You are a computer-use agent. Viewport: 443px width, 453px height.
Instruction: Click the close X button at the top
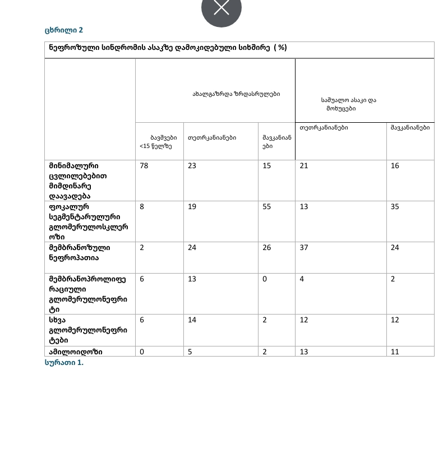pyautogui.click(x=221, y=8)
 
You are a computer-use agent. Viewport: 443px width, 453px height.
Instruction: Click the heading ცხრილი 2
pyautogui.click(x=63, y=30)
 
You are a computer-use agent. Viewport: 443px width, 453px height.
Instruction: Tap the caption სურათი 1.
pyautogui.click(x=64, y=363)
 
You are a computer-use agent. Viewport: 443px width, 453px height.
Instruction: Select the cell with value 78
pyautogui.click(x=144, y=166)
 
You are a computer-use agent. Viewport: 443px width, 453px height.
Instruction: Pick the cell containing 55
pyautogui.click(x=266, y=207)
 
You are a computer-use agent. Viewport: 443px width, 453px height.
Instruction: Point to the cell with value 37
pyautogui.click(x=304, y=248)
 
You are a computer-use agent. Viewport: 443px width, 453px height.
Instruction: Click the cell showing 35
pyautogui.click(x=395, y=207)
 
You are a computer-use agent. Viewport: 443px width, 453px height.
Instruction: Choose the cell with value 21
pyautogui.click(x=304, y=166)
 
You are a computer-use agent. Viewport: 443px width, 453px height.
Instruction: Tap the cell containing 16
pyautogui.click(x=395, y=166)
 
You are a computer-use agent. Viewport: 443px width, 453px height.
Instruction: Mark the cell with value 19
pyautogui.click(x=192, y=207)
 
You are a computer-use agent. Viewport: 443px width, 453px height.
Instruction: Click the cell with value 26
pyautogui.click(x=266, y=248)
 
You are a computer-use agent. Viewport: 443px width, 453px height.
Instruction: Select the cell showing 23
pyautogui.click(x=192, y=166)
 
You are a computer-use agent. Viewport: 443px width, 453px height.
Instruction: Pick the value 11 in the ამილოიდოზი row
pyautogui.click(x=395, y=352)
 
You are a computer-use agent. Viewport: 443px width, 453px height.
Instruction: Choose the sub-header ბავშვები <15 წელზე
pyautogui.click(x=159, y=141)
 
